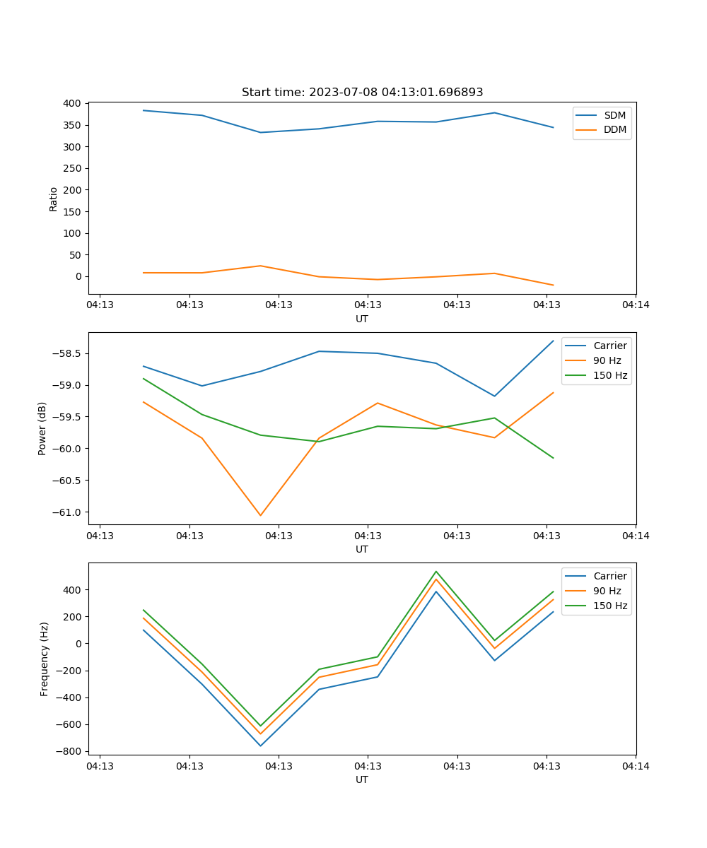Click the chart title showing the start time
pyautogui.click(x=362, y=93)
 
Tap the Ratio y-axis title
pyautogui.click(x=54, y=199)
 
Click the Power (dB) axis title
pyautogui.click(x=42, y=428)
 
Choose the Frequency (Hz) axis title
pyautogui.click(x=44, y=659)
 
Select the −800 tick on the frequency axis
pyautogui.click(x=71, y=751)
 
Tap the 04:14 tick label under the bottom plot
pyautogui.click(x=636, y=766)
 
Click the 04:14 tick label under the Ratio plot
pyautogui.click(x=636, y=305)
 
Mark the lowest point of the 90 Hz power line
pyautogui.click(x=260, y=515)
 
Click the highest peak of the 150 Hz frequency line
pyautogui.click(x=436, y=572)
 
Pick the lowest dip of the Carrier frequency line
pyautogui.click(x=260, y=746)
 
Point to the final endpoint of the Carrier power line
pyautogui.click(x=553, y=341)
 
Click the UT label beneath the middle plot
pyautogui.click(x=362, y=549)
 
